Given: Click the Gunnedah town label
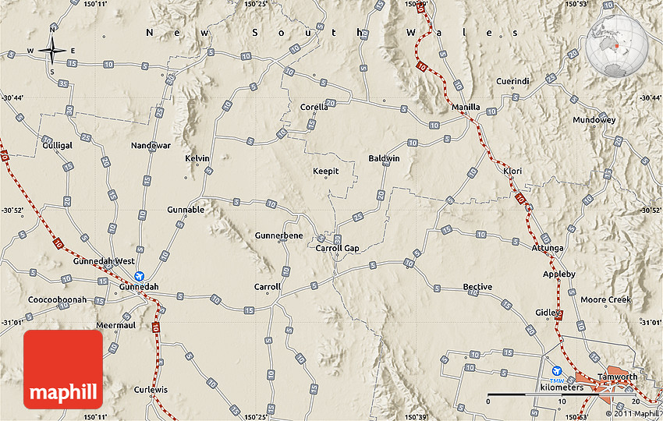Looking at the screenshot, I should (139, 287).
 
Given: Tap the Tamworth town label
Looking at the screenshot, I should (616, 377).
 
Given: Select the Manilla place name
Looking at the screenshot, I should (466, 108).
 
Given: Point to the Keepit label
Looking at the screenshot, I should (326, 172).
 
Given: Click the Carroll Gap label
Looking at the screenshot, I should (337, 248).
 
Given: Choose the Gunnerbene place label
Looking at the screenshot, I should (278, 235).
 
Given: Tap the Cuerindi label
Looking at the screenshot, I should (512, 81).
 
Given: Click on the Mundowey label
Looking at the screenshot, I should (594, 120).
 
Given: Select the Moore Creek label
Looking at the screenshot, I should (605, 299).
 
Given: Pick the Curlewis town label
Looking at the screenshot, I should (151, 389).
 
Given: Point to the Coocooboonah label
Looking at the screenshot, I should (57, 299).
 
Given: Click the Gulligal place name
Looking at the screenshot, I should (58, 146).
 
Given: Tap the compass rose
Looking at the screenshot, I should (52, 51).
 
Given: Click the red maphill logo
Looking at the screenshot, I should (63, 369).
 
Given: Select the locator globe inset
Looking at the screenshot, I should (618, 47).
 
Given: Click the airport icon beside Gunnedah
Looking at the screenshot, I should (140, 275).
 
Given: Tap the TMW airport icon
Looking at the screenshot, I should (556, 373).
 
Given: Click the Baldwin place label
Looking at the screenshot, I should (384, 158).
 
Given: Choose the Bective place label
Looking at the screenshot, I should (477, 287).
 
